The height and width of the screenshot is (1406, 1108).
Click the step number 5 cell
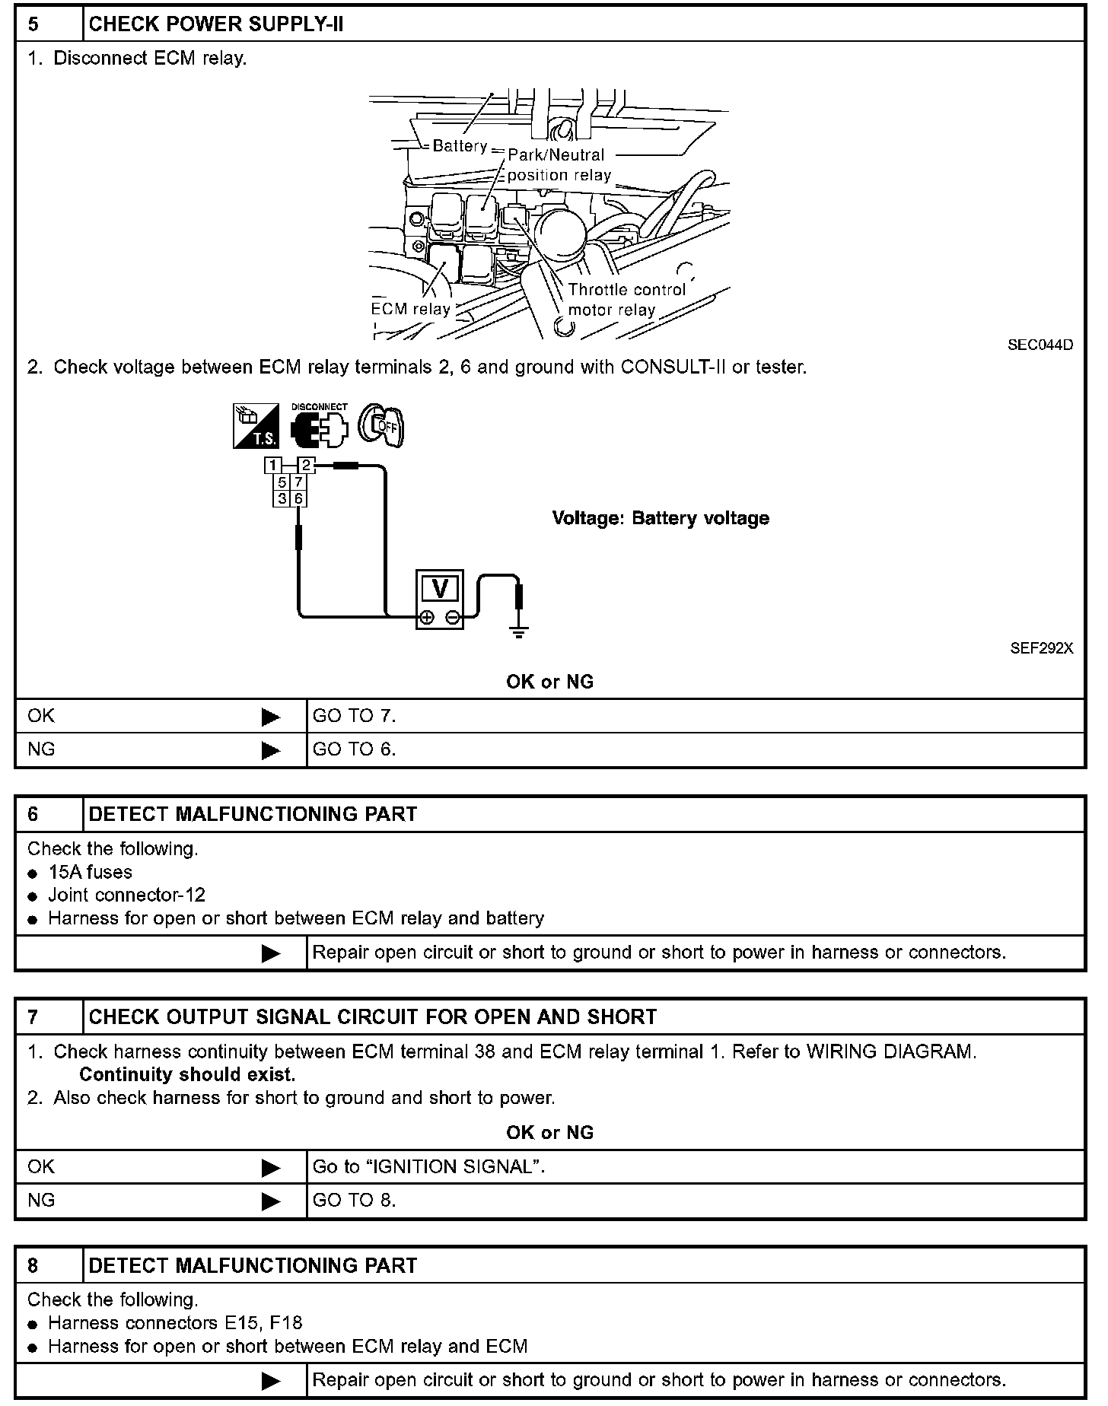click(x=48, y=24)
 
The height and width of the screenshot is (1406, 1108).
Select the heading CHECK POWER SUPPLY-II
click(x=216, y=24)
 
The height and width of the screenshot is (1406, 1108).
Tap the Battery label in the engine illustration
click(x=459, y=146)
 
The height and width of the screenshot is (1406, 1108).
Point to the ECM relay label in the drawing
click(x=410, y=309)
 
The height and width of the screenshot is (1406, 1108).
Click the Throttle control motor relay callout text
click(x=626, y=300)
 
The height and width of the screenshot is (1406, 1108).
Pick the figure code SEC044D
click(x=1040, y=345)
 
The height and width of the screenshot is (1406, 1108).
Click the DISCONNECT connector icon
click(x=319, y=427)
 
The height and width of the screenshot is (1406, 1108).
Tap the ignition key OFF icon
click(x=382, y=425)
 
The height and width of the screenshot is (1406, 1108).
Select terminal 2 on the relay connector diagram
click(x=306, y=465)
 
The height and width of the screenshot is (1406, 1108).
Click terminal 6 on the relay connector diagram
click(x=299, y=498)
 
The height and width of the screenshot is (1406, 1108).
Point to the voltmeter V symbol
click(x=440, y=588)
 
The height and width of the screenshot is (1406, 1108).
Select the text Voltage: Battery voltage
click(x=660, y=518)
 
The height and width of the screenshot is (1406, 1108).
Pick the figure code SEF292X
click(x=1041, y=648)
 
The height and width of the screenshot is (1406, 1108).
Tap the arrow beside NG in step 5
click(x=270, y=750)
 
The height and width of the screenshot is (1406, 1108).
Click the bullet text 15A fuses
click(x=90, y=872)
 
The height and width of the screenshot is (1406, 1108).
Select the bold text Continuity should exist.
click(x=187, y=1074)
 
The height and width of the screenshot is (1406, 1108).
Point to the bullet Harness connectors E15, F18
click(x=175, y=1323)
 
